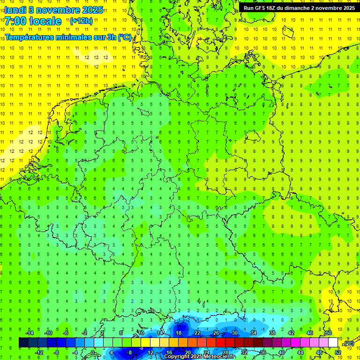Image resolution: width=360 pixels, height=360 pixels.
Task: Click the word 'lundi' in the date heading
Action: (x=15, y=9)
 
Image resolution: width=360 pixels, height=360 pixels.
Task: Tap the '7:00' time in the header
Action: (x=16, y=21)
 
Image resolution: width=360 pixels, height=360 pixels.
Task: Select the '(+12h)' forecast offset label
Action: (x=81, y=21)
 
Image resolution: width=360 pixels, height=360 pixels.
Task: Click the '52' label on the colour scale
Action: (x=338, y=352)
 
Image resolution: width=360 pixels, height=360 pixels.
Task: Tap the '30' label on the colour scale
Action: (x=235, y=332)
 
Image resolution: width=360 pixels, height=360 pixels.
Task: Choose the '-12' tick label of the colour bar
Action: (x=39, y=352)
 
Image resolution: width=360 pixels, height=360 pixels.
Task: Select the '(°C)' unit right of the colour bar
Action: (x=349, y=343)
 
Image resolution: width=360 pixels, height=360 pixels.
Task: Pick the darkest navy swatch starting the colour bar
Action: (x=23, y=342)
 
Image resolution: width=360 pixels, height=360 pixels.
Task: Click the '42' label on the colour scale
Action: (x=291, y=332)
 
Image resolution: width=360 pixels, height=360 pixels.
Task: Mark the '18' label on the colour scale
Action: (x=178, y=332)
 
